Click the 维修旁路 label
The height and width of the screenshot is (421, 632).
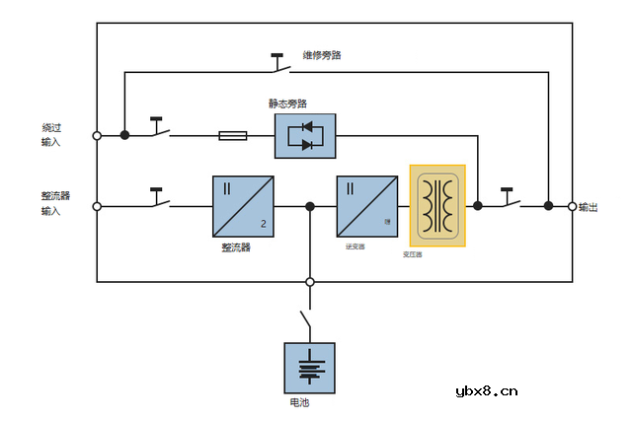click(x=322, y=55)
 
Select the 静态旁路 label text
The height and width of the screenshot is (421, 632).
click(x=287, y=104)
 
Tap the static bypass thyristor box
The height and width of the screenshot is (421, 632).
click(x=305, y=135)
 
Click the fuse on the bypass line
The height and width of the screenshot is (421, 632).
click(x=233, y=135)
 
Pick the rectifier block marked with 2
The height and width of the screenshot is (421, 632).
click(x=243, y=206)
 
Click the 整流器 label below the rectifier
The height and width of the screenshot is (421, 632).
click(x=236, y=246)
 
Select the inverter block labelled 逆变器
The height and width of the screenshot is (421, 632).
click(x=366, y=206)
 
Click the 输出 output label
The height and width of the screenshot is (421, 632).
click(x=589, y=207)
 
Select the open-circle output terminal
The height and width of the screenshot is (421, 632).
click(x=573, y=206)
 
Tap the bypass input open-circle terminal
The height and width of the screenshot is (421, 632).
click(x=97, y=135)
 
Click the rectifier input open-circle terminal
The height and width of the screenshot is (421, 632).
click(x=97, y=206)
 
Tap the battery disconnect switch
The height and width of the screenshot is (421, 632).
click(x=307, y=321)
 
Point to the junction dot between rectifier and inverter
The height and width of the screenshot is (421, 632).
click(x=310, y=206)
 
